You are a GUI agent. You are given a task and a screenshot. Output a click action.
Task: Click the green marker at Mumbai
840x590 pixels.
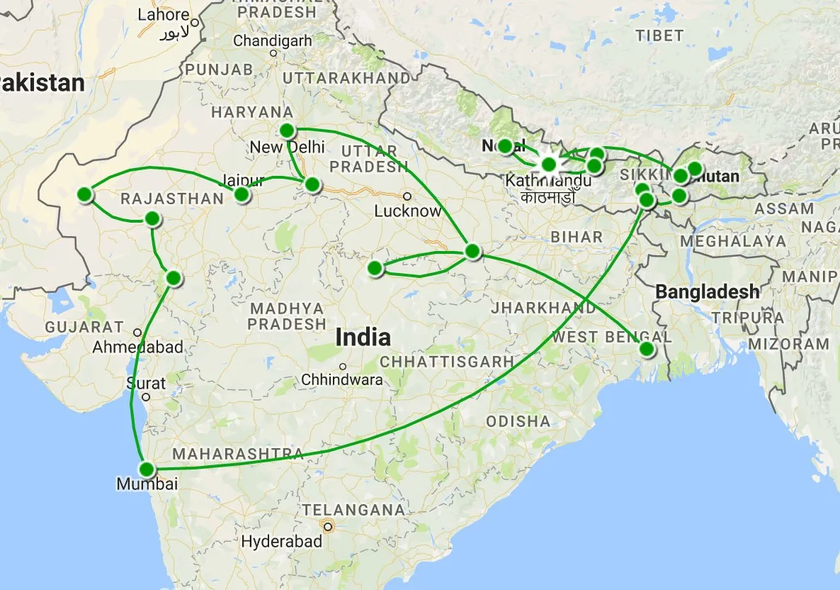147,469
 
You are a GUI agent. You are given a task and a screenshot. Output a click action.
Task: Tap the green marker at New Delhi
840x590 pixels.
287,130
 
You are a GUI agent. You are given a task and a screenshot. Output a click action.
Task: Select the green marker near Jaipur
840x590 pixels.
242,194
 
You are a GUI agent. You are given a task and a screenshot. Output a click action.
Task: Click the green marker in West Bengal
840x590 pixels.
647,349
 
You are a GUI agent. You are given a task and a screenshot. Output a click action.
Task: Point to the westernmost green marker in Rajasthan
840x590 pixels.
85,194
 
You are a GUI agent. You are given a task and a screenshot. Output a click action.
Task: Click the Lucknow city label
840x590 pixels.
407,211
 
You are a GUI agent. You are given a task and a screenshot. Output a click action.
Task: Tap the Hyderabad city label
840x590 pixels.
282,542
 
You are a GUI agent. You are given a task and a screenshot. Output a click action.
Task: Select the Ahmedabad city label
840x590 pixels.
138,347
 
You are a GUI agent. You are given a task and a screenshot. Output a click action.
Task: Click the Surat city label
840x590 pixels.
146,384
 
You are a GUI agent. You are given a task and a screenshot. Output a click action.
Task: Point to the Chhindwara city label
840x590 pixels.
342,380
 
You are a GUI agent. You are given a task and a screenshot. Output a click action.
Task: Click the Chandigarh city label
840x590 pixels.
273,41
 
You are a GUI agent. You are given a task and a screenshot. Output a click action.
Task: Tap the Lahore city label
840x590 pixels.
164,15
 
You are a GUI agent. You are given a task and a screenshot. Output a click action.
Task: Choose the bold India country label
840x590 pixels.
363,337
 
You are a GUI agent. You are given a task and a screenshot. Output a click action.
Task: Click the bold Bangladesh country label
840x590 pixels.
707,291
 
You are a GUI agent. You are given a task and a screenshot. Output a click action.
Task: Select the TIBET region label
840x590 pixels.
659,35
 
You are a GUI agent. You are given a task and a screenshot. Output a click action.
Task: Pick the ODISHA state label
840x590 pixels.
518,421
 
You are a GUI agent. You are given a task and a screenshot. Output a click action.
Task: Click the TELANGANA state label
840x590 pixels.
353,510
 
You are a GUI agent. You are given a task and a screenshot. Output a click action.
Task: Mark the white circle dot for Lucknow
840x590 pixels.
407,196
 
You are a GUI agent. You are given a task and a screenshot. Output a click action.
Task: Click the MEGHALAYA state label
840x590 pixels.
733,241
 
